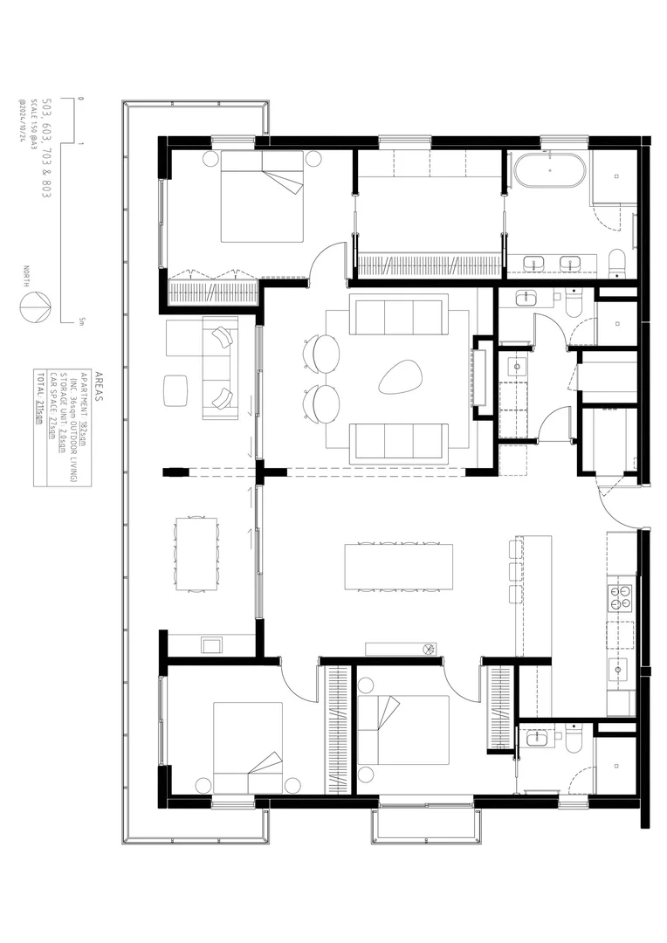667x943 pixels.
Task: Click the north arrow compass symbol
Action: pos(36,306)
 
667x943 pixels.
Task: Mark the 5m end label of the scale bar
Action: pos(80,322)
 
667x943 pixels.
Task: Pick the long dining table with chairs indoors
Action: pos(400,567)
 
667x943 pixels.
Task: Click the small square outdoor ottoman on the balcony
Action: pos(176,389)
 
